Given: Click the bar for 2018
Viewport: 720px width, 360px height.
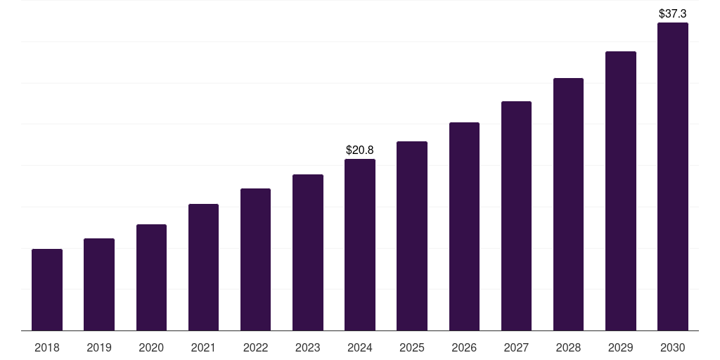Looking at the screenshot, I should (47, 290).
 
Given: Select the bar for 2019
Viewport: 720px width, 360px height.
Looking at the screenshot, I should (99, 285).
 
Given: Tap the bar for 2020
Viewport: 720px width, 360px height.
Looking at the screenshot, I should (151, 278).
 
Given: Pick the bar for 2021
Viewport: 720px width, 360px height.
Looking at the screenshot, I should (203, 267).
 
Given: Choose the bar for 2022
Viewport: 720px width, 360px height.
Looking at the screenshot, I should (255, 259).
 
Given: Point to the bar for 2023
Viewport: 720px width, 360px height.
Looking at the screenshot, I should (308, 252).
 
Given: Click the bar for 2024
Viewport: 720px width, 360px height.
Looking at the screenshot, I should (360, 245).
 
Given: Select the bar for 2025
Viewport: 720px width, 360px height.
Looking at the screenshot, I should (412, 236).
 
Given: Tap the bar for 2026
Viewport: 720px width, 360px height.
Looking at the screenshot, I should (464, 226).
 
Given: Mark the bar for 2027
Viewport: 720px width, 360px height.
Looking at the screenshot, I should (516, 216).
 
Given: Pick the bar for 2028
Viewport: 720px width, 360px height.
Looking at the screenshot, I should (568, 205).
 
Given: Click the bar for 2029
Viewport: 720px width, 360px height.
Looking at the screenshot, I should (621, 191).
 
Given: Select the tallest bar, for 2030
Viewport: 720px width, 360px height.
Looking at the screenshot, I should (673, 176).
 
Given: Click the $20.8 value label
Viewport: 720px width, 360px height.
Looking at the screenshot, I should (360, 150).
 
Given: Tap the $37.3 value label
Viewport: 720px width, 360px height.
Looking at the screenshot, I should (673, 13).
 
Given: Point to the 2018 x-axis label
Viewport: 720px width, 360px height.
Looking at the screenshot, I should (47, 347).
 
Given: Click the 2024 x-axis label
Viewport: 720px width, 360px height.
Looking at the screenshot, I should (360, 347).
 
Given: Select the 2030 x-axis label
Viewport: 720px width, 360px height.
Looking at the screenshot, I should (673, 347).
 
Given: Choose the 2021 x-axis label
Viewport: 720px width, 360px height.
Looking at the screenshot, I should (203, 347).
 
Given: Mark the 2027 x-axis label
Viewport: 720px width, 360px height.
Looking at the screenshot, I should (516, 347).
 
